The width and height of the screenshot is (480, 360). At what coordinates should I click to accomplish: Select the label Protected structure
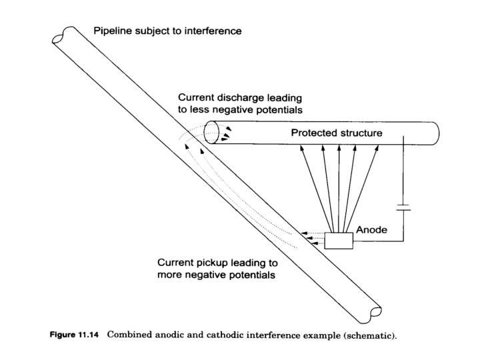(336, 133)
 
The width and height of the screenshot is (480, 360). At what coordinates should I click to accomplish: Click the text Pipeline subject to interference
(167, 31)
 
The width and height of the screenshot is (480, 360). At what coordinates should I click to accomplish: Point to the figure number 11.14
(87, 335)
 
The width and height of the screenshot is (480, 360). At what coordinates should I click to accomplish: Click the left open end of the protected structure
(211, 132)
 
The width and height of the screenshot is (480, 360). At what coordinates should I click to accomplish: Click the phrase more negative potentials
(216, 275)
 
